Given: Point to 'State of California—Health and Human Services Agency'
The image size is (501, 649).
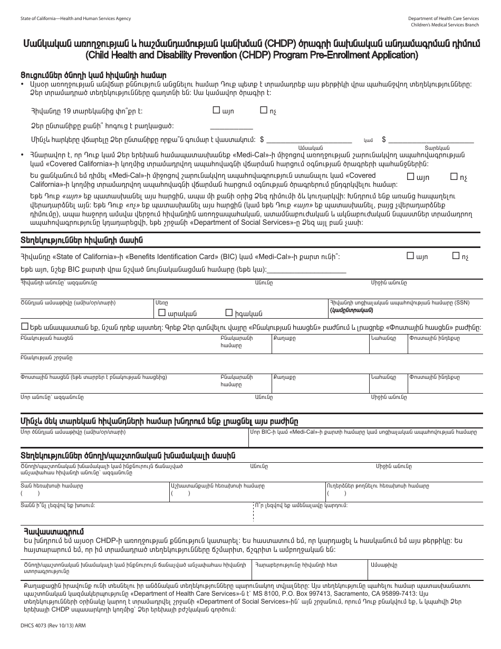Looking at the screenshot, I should (75, 18).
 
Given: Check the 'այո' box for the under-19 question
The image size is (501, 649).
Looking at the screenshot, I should (216, 111).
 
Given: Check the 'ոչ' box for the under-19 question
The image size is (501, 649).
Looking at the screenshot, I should (264, 111).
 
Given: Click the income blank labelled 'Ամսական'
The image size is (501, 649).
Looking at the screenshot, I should (310, 139).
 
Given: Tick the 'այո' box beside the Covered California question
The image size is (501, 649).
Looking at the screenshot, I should (411, 177).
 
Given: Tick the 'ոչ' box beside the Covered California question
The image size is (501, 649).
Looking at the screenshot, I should (454, 177).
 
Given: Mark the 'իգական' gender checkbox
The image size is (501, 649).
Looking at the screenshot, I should (229, 312).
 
